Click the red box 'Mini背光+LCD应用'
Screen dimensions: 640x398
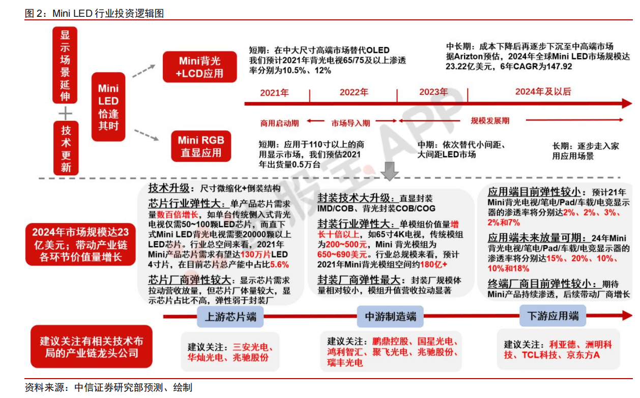200,67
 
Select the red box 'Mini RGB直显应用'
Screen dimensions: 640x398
201,146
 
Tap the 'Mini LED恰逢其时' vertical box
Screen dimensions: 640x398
108,107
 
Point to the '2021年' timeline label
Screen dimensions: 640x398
274,93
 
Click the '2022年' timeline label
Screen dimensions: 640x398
354,92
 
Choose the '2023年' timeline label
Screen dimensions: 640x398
433,92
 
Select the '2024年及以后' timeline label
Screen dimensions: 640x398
543,92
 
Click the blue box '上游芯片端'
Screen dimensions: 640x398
230,317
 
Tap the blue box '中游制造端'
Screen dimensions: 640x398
390,316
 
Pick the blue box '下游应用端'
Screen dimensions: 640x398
552,316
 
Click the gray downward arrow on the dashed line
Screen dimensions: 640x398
389,171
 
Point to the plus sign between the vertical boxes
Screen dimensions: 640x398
65,113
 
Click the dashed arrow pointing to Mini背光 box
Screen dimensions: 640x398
143,71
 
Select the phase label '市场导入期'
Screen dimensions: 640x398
351,123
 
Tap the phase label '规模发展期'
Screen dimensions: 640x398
490,121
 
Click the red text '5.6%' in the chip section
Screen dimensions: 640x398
279,264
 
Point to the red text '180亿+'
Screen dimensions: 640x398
433,264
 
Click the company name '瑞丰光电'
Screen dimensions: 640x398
345,363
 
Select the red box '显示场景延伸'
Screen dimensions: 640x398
65,65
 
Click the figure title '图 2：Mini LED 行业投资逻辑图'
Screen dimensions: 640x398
94,13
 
